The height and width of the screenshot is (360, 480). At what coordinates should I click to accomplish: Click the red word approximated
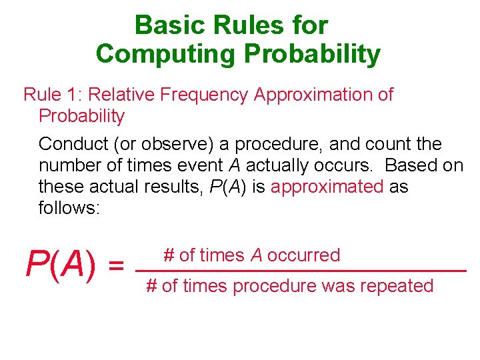coord(327,187)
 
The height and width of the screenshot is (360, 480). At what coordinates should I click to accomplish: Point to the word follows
coord(69,208)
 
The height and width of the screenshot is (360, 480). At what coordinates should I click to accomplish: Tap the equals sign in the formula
coord(116,267)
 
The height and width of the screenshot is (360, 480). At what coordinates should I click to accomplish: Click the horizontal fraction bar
coord(300,271)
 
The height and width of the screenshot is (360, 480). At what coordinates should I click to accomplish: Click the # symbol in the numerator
coord(169,255)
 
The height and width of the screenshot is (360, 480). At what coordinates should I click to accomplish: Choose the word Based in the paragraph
coord(411,165)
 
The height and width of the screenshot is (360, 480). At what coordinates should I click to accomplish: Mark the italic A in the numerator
coord(256,255)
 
